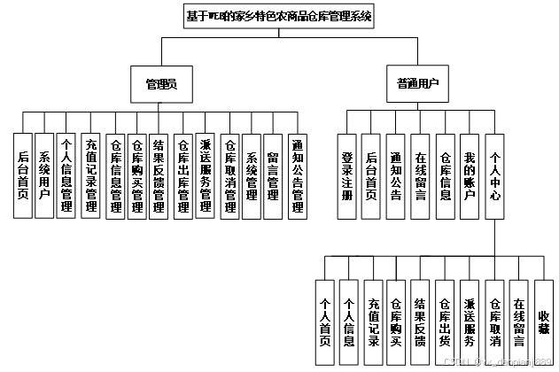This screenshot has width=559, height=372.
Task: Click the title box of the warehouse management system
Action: [x=279, y=16]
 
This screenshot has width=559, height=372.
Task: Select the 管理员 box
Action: [x=161, y=85]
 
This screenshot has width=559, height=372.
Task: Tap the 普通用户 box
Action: [x=417, y=85]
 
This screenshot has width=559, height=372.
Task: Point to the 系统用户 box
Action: [x=44, y=174]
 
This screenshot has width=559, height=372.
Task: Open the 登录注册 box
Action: [x=347, y=174]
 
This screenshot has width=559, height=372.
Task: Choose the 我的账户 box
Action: [x=470, y=174]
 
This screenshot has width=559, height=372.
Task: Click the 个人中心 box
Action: [x=495, y=174]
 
